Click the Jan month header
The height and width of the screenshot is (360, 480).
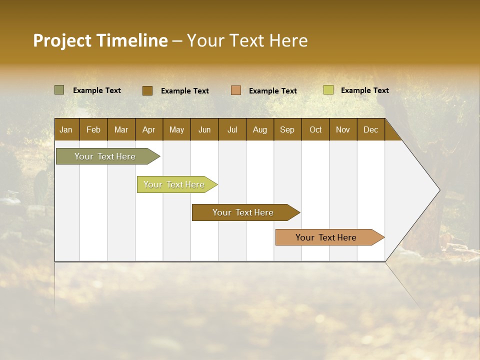click(66, 129)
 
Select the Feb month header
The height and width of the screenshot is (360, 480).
click(93, 129)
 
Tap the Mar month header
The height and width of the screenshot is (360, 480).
click(121, 129)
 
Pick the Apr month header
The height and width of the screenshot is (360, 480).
click(148, 129)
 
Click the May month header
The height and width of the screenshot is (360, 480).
click(176, 129)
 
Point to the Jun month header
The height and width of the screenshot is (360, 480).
click(204, 129)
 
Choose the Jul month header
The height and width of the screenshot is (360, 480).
click(232, 129)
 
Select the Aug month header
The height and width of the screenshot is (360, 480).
click(259, 129)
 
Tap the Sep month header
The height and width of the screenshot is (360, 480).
click(287, 129)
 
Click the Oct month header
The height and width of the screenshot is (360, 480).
click(315, 129)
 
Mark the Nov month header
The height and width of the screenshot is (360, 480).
click(342, 129)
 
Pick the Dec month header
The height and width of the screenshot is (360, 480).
click(370, 129)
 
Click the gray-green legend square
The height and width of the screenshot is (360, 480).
click(59, 90)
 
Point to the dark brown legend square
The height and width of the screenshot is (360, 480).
click(147, 90)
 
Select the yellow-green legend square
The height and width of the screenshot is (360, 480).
click(328, 90)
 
